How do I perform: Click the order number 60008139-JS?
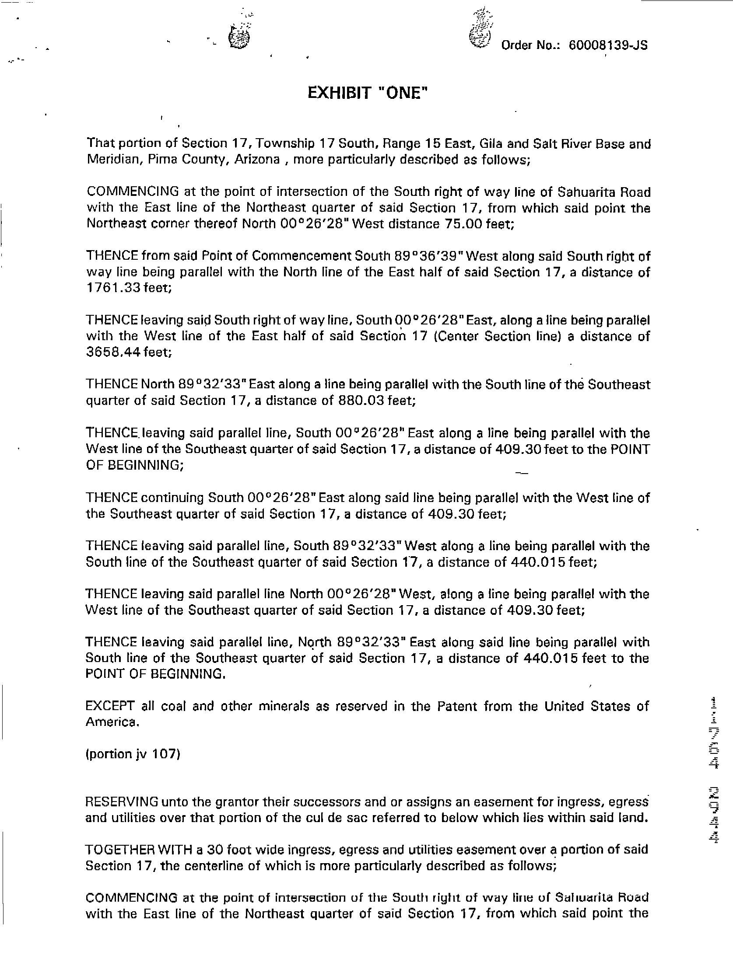click(607, 45)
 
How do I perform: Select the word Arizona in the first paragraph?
click(257, 159)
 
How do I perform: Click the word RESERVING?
click(121, 802)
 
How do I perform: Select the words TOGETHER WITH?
click(139, 850)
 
